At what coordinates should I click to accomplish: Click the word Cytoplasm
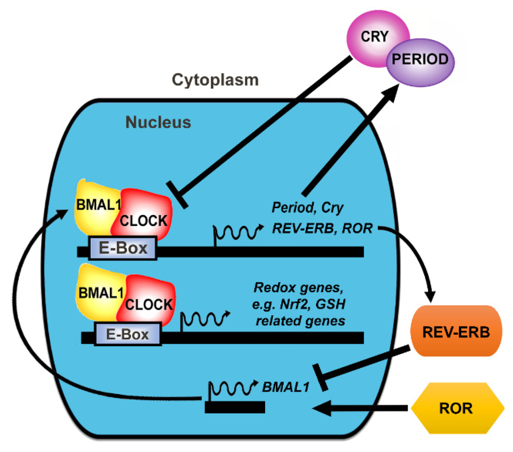point(215,80)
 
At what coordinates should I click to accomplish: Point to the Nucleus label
point(158,122)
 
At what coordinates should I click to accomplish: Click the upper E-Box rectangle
point(123,248)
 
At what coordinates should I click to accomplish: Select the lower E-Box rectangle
point(127,334)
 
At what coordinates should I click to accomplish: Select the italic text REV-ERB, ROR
point(322,228)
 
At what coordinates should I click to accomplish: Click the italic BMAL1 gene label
point(286,387)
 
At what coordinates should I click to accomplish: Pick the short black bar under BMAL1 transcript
point(235,407)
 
